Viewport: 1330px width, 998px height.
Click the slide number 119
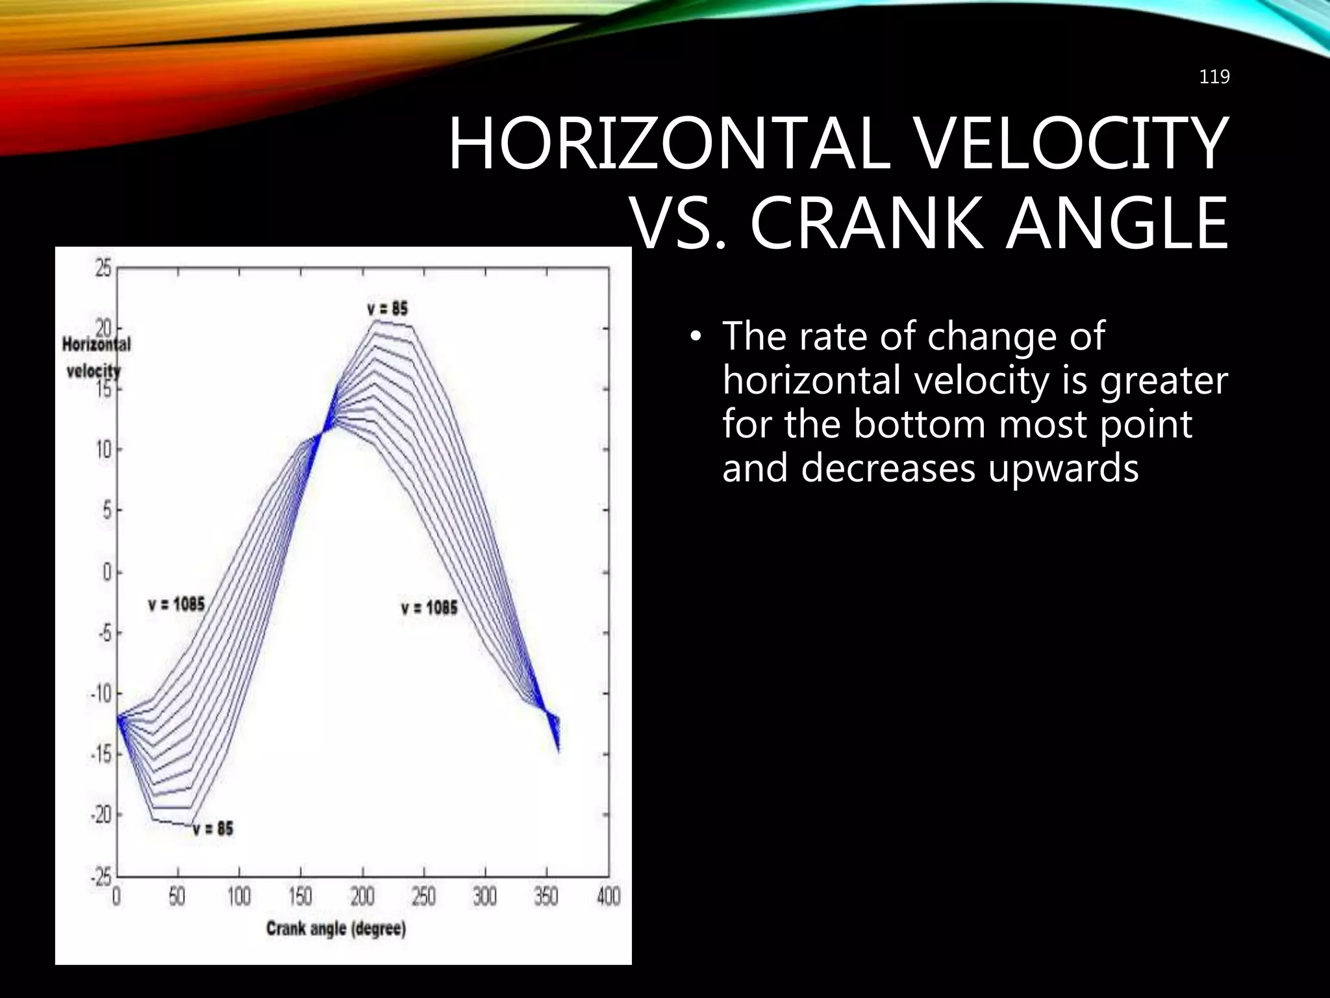[1214, 77]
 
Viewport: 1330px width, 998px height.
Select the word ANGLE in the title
[1116, 224]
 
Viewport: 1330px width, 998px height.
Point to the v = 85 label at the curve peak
[387, 308]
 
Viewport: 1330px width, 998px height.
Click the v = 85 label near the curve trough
[212, 829]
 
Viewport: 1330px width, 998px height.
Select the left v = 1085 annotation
[176, 604]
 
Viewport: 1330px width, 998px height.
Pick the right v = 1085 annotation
[429, 608]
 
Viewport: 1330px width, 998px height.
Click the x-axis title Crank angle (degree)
[336, 928]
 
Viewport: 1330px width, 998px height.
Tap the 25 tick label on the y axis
[104, 268]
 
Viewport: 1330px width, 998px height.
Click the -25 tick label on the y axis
[101, 877]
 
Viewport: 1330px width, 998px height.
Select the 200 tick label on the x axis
[362, 897]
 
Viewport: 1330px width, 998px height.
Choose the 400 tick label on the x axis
[608, 897]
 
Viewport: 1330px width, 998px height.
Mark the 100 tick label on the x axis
[239, 897]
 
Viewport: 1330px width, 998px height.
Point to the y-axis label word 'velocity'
[94, 372]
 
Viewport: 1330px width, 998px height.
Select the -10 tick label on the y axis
[101, 694]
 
